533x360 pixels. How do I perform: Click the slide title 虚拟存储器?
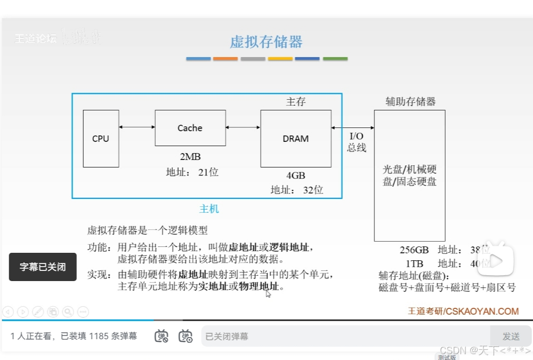point(266,42)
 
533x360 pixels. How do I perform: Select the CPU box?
point(101,139)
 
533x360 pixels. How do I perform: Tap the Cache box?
point(190,128)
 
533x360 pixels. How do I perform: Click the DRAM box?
point(295,139)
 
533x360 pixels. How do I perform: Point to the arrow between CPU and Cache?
point(137,127)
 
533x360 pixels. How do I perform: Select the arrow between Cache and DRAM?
point(243,127)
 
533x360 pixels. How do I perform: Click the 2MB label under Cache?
point(190,157)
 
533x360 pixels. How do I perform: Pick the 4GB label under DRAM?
point(296,175)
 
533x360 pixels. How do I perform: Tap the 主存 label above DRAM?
point(296,101)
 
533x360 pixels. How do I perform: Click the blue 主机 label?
point(209,209)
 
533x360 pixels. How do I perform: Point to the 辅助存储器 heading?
point(410,101)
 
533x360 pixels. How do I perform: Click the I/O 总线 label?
point(357,142)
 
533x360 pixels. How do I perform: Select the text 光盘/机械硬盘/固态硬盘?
point(409,175)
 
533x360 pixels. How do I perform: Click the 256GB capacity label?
point(414,250)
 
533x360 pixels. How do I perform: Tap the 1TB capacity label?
point(414,263)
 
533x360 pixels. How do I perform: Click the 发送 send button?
point(511,337)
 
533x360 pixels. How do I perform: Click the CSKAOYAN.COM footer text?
point(482,311)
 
